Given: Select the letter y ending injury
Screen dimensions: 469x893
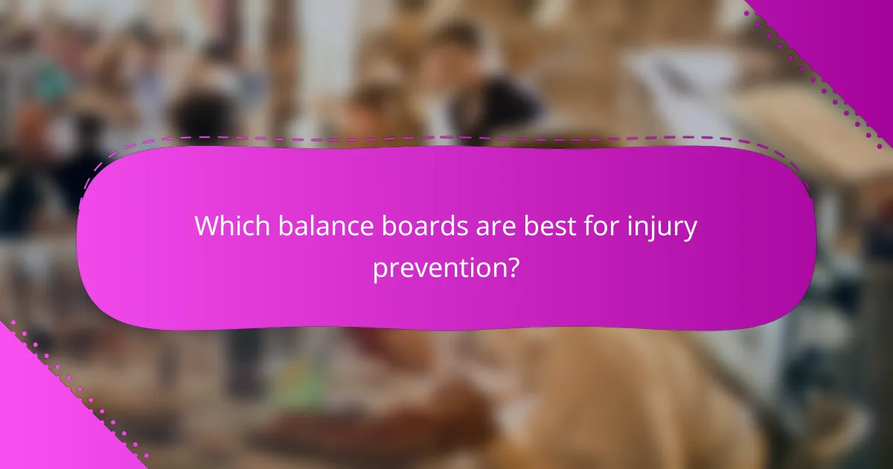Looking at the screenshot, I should pyautogui.click(x=690, y=229).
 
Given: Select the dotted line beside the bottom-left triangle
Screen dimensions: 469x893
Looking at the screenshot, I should pyautogui.click(x=82, y=387).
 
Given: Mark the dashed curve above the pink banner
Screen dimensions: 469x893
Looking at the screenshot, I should pyautogui.click(x=446, y=138).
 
